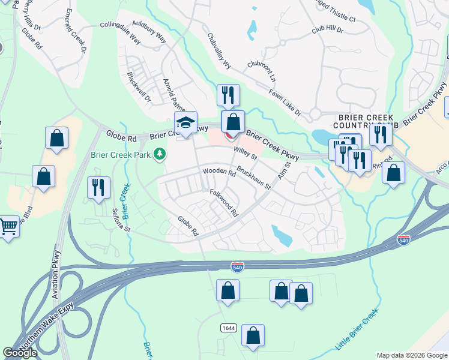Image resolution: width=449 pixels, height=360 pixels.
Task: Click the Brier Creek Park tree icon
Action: point(160,155)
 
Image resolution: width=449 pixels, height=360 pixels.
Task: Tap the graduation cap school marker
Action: point(186,123)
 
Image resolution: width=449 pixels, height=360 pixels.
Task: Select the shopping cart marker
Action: point(8,227)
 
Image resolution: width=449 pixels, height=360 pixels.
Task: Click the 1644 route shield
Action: point(228,328)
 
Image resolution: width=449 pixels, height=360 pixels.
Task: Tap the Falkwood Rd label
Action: point(224,202)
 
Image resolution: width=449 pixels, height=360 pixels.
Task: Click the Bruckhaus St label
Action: point(253,178)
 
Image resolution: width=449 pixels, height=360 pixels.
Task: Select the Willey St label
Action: point(245,153)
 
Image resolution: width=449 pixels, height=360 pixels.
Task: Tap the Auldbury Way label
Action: point(149,34)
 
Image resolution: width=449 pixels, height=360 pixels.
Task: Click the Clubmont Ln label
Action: point(262,71)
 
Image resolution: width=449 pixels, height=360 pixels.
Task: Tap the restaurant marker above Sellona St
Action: point(96,187)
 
